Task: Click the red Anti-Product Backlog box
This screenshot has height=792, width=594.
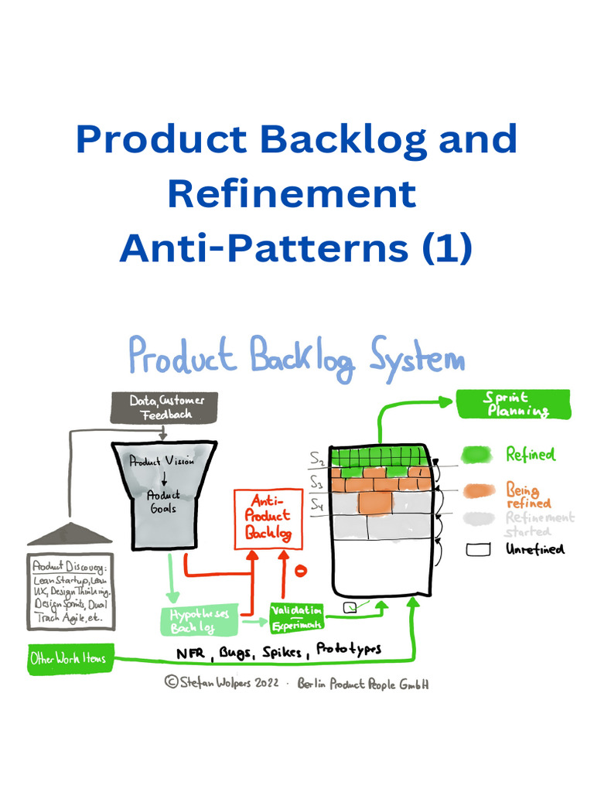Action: [268, 519]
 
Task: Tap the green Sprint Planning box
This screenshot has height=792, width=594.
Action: [513, 404]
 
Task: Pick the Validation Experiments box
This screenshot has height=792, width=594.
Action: [295, 616]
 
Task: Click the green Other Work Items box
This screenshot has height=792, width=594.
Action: [68, 660]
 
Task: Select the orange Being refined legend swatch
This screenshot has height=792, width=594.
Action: [479, 490]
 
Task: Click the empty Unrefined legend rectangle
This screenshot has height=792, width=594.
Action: [479, 550]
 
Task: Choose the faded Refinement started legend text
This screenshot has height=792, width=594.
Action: [539, 524]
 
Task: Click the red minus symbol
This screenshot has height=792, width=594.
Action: [302, 571]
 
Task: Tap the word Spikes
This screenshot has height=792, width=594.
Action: [281, 652]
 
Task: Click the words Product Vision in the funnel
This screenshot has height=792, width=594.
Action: [162, 461]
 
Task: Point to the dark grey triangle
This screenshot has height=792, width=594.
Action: [70, 534]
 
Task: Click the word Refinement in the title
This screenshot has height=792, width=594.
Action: [292, 193]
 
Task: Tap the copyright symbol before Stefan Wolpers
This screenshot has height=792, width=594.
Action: [171, 683]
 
